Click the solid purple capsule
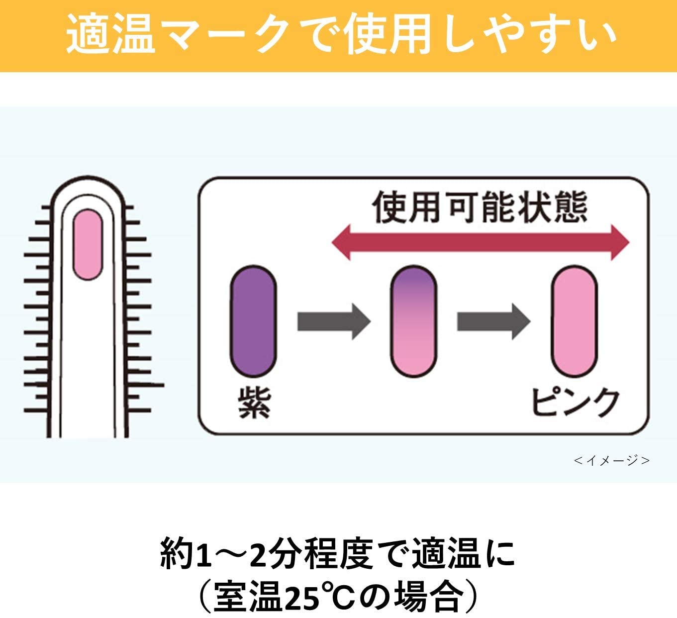click(253, 321)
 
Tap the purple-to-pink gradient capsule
click(413, 321)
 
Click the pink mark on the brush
click(88, 244)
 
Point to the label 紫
click(254, 403)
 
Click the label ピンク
click(575, 403)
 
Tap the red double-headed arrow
click(481, 242)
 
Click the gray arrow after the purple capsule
click(334, 321)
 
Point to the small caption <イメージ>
click(611, 460)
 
